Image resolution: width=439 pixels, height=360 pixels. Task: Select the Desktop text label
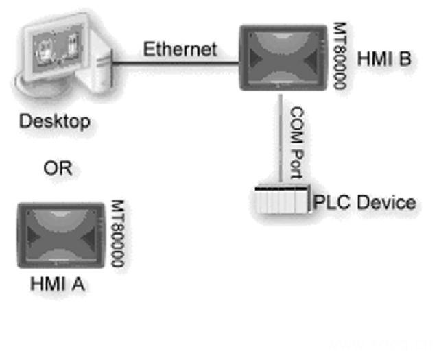(55, 123)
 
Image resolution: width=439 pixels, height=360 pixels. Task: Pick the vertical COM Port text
(298, 141)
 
